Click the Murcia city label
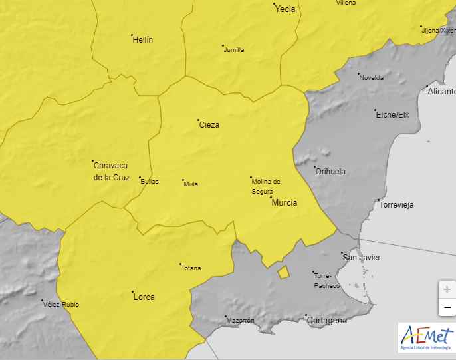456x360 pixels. pyautogui.click(x=285, y=203)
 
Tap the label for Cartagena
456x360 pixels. pyautogui.click(x=326, y=321)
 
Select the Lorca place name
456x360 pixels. pyautogui.click(x=144, y=297)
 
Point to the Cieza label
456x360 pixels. pyautogui.click(x=209, y=125)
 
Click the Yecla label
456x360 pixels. pyautogui.click(x=285, y=9)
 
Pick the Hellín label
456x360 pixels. pyautogui.click(x=143, y=40)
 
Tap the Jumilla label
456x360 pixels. pyautogui.click(x=234, y=50)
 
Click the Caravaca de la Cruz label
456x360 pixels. pyautogui.click(x=112, y=171)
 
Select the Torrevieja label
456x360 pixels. pyautogui.click(x=397, y=205)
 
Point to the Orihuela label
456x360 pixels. pyautogui.click(x=330, y=171)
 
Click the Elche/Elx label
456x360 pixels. pyautogui.click(x=393, y=115)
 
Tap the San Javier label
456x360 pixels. pyautogui.click(x=362, y=257)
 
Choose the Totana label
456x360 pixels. pyautogui.click(x=191, y=268)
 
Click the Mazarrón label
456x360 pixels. pyautogui.click(x=241, y=321)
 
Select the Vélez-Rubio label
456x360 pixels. pyautogui.click(x=61, y=305)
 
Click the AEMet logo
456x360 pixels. pyautogui.click(x=426, y=338)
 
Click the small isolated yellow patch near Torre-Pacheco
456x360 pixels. pyautogui.click(x=284, y=271)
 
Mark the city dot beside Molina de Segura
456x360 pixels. pyautogui.click(x=251, y=178)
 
